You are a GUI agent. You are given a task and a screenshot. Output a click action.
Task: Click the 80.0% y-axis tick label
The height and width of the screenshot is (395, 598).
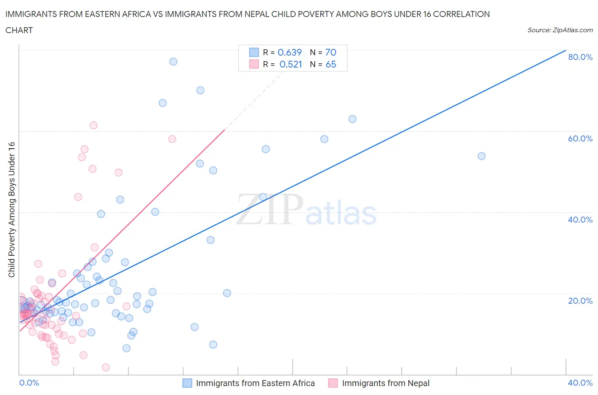coord(580,57)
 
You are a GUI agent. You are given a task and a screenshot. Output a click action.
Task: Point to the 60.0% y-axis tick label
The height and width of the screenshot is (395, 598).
coord(580,138)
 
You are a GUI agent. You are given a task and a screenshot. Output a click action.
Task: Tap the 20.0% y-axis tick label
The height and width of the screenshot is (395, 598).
coord(580,301)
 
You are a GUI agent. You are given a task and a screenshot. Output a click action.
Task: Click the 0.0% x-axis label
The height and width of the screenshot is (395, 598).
coord(29,383)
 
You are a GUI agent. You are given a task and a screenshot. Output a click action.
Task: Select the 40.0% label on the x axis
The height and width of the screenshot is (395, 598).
coord(580,383)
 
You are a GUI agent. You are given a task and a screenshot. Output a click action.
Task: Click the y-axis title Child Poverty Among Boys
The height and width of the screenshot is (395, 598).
coord(11,209)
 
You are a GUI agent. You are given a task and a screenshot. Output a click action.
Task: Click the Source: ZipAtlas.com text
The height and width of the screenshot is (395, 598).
coord(560,30)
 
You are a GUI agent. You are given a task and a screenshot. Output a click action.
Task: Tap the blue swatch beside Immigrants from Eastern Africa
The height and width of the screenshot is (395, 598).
coord(187,383)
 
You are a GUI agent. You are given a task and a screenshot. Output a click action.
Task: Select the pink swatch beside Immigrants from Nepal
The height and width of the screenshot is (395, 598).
coord(333,383)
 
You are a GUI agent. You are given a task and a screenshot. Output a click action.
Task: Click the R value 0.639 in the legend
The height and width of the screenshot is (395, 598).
coord(290,52)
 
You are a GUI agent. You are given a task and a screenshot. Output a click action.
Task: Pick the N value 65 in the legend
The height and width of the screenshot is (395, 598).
coord(331,64)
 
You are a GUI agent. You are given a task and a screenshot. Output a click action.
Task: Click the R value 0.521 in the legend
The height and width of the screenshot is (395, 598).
coord(290,64)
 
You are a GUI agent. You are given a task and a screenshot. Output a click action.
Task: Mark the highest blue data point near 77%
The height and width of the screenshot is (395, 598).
coord(173,62)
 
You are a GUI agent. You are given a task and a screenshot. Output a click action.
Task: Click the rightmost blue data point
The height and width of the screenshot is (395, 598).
coord(481,156)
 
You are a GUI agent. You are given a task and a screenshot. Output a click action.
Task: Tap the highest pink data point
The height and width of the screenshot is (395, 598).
coord(94,125)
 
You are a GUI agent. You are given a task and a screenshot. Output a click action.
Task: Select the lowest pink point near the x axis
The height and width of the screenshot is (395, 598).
coord(106,367)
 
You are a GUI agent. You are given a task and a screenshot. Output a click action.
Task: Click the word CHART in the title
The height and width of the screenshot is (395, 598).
coord(19,30)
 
